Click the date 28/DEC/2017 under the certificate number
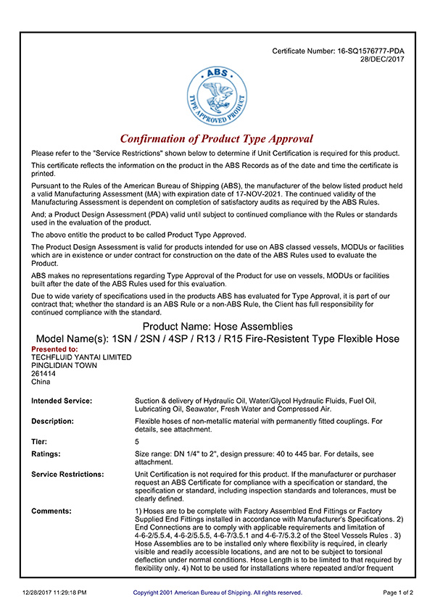[x=382, y=59]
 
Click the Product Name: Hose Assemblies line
[x=217, y=327]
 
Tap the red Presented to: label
[x=54, y=349]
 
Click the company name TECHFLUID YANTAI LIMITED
[x=81, y=357]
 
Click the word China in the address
[x=41, y=382]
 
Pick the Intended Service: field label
[x=62, y=401]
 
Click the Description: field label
[x=52, y=421]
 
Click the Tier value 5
[x=137, y=441]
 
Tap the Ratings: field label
[x=46, y=454]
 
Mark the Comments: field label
[x=51, y=511]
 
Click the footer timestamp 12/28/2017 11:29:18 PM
[x=54, y=593]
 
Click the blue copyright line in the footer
[x=217, y=593]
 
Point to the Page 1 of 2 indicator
[x=398, y=593]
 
